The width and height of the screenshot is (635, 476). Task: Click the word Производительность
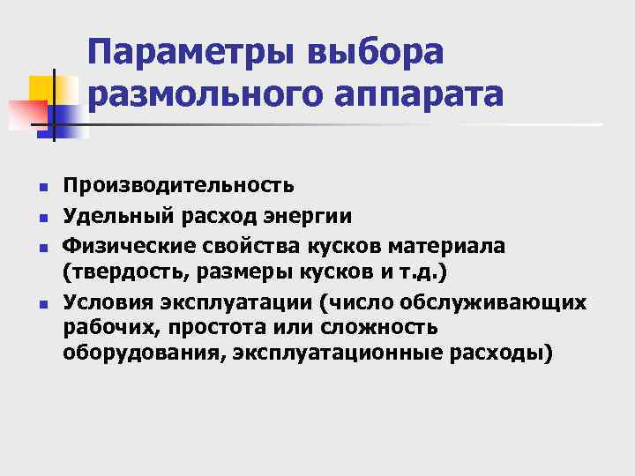(178, 186)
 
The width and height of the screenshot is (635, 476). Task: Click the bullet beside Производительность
(42, 188)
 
